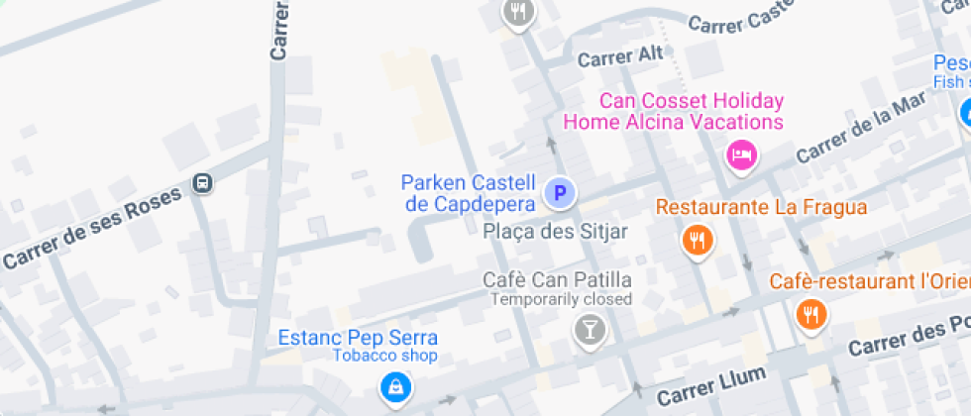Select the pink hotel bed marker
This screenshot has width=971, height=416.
tap(741, 155)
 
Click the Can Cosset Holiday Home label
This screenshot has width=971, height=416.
tap(674, 112)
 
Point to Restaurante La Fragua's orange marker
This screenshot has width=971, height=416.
tap(699, 240)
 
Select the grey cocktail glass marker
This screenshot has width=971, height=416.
tap(591, 329)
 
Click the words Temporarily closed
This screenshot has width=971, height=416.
tap(562, 298)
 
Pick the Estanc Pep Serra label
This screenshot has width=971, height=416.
tap(358, 338)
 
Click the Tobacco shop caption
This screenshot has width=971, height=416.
tap(384, 356)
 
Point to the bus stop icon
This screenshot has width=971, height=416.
tap(203, 182)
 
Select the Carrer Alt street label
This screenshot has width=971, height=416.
tap(620, 56)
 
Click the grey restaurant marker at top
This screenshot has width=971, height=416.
tap(518, 13)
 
